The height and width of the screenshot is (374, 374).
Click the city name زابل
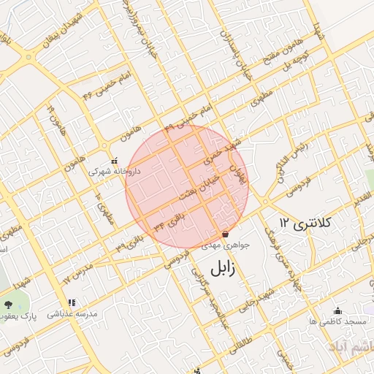tap(223, 268)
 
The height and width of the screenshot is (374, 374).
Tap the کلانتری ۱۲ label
tap(305, 221)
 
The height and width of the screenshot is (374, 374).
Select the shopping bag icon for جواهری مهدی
tap(225, 234)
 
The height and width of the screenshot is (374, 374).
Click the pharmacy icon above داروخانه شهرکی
tap(113, 160)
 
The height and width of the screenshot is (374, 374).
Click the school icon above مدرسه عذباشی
tap(72, 302)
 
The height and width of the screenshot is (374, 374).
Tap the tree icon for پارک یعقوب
tap(8, 304)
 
